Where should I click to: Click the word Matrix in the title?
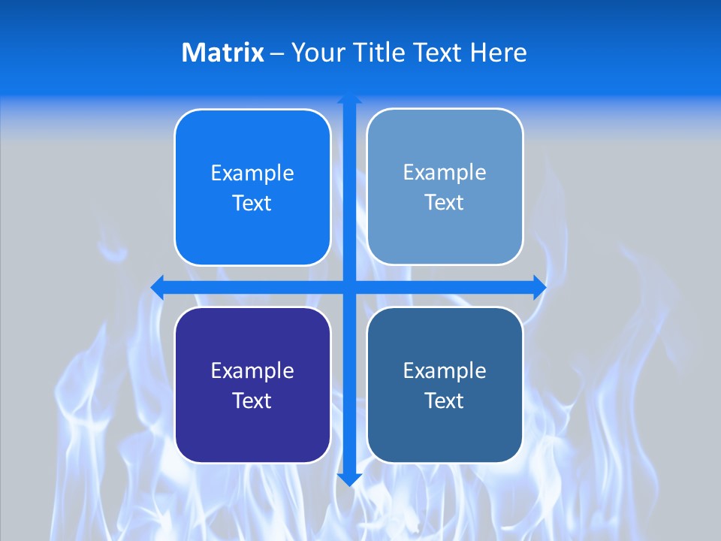[223, 53]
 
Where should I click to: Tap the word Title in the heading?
[379, 53]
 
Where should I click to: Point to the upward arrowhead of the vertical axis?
[349, 98]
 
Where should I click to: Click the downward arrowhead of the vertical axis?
[349, 480]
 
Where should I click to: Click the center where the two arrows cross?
[349, 287]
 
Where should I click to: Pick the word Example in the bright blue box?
[252, 174]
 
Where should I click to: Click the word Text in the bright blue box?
[252, 204]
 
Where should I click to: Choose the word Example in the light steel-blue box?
[445, 173]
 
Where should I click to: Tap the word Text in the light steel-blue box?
[445, 203]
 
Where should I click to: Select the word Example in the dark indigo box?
[252, 370]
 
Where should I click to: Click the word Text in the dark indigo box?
[252, 400]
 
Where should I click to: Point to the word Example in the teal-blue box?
[445, 370]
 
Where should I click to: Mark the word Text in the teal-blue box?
[445, 400]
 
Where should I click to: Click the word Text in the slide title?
[438, 53]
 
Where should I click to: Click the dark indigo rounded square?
[252, 436]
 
